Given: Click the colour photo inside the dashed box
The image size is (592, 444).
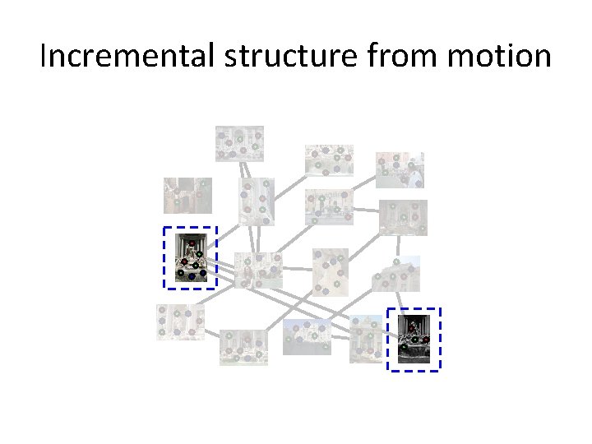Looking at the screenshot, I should click(x=190, y=257).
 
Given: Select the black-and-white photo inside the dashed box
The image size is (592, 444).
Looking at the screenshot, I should click(x=414, y=339).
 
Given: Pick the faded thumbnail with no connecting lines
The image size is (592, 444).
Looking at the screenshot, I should click(x=187, y=196).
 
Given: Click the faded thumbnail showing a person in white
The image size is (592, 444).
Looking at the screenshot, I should click(x=400, y=170).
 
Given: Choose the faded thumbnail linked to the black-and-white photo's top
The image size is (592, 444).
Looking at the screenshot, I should click(x=396, y=274).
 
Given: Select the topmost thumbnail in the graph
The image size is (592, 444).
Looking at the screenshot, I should click(x=239, y=144).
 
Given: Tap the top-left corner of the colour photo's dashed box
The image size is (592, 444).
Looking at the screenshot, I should click(x=164, y=228).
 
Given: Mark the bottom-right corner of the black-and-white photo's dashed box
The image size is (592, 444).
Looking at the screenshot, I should click(x=441, y=370).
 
